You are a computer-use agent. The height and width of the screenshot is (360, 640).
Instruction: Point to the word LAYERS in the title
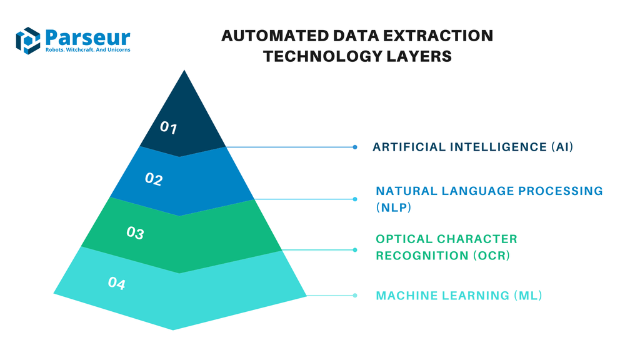coord(420,56)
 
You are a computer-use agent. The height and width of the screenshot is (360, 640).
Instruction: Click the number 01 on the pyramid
coord(169,128)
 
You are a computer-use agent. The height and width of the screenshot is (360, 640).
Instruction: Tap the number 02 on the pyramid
coord(154,179)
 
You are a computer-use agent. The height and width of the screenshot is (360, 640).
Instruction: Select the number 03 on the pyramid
coord(135,233)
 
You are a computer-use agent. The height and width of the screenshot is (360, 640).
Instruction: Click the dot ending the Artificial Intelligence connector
coord(355,147)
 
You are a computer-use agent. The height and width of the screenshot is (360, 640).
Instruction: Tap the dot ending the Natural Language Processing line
coord(355,199)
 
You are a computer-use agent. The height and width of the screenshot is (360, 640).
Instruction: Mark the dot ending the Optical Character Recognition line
coord(355,249)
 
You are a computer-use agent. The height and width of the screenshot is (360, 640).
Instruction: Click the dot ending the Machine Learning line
coord(355,296)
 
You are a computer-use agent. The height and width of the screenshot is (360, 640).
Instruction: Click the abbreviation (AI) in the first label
coord(562,147)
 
